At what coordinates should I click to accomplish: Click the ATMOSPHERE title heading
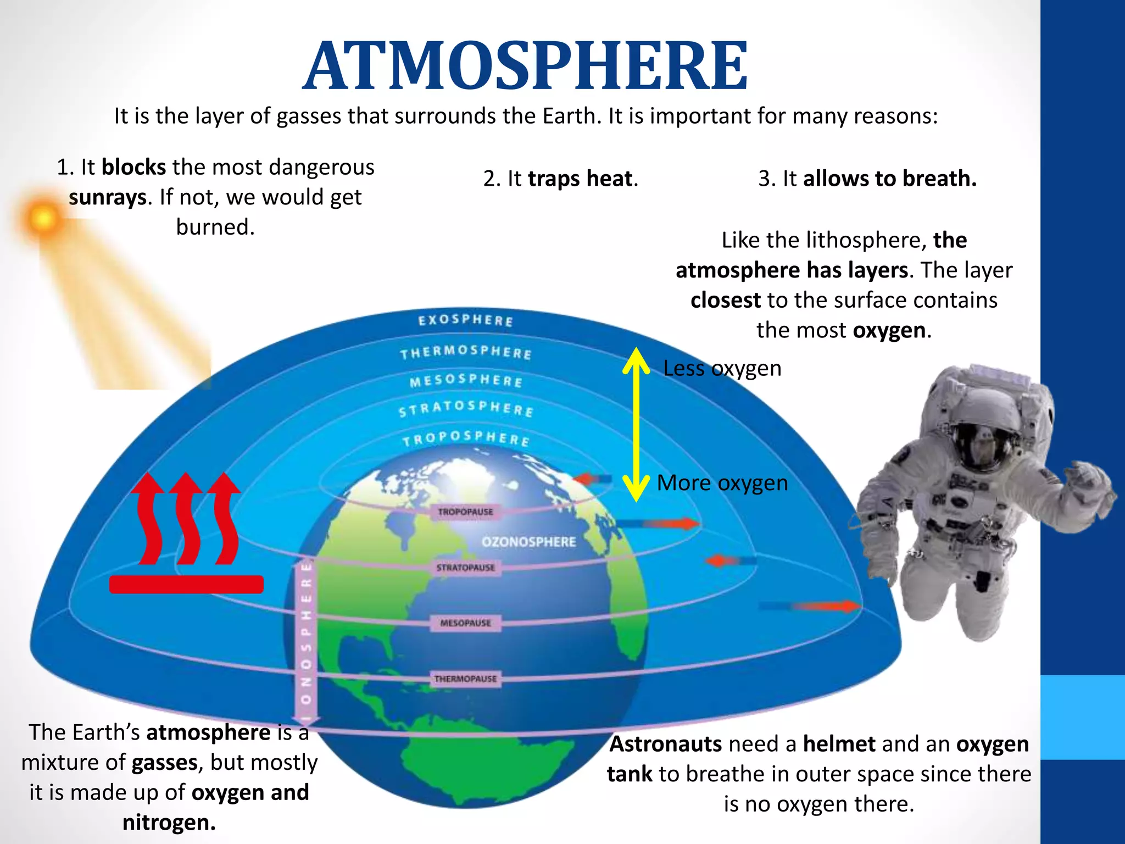[x=526, y=66]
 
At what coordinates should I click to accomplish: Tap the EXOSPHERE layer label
[x=465, y=320]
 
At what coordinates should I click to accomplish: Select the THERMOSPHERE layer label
[x=465, y=352]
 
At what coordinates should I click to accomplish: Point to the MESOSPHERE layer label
[x=466, y=380]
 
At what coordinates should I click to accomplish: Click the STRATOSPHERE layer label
[x=466, y=408]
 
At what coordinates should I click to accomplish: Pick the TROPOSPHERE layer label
[x=466, y=438]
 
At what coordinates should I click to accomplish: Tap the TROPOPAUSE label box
[x=465, y=512]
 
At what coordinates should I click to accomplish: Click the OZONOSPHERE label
[x=528, y=542]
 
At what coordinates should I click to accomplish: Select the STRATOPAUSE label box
[x=465, y=567]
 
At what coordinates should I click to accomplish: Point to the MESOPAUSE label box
[x=465, y=623]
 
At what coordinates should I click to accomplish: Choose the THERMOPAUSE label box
[x=465, y=679]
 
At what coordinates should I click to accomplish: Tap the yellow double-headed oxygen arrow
[x=636, y=424]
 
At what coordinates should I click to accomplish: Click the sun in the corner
[x=42, y=218]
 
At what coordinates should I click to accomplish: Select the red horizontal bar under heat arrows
[x=186, y=584]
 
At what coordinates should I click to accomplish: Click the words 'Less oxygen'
[x=722, y=368]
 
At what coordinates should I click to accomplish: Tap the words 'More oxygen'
[x=722, y=483]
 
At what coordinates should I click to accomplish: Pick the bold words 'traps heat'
[x=580, y=179]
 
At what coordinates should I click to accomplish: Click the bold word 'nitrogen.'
[x=169, y=823]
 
